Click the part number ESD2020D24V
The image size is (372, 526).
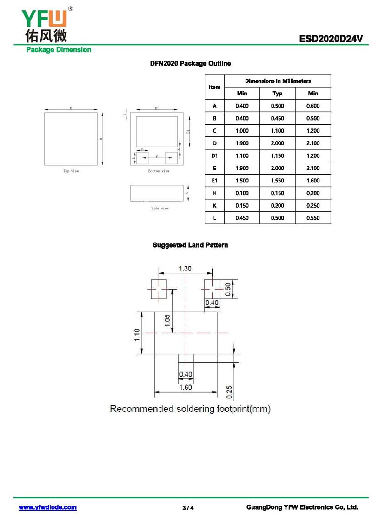click(x=331, y=40)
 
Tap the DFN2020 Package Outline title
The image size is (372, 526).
click(x=190, y=63)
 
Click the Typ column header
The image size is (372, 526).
click(x=278, y=94)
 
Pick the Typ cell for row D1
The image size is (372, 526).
click(x=278, y=156)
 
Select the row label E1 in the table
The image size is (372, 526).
click(x=214, y=181)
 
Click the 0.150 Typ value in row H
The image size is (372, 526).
click(x=278, y=193)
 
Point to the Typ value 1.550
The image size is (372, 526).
click(x=278, y=181)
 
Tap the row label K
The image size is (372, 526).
click(x=214, y=206)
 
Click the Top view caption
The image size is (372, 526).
click(x=71, y=171)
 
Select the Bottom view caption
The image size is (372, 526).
click(x=159, y=171)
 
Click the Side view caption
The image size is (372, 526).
click(x=160, y=209)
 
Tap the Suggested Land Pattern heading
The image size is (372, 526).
click(x=190, y=245)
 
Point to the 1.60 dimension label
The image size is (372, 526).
click(x=186, y=387)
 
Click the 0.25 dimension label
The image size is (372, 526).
click(x=229, y=392)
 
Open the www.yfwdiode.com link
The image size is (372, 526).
click(x=47, y=507)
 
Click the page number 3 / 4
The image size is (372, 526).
click(x=188, y=508)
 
